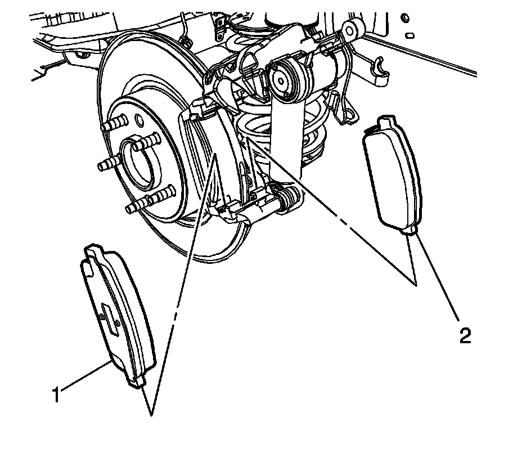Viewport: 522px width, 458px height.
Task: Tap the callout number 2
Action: tap(465, 335)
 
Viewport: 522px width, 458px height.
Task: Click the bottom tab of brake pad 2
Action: tap(409, 230)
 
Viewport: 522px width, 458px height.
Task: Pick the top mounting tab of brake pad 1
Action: tap(93, 248)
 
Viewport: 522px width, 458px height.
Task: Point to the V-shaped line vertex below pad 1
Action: tap(151, 415)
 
